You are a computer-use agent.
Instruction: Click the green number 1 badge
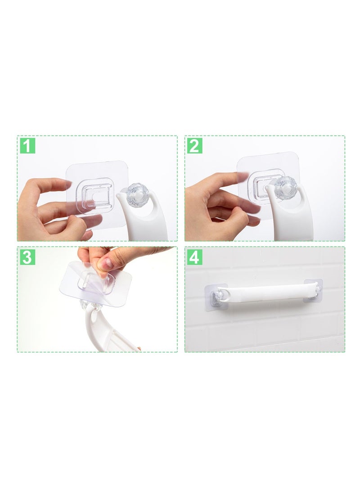coord(27,146)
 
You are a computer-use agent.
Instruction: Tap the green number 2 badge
coord(194,146)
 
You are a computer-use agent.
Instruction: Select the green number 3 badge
coord(27,257)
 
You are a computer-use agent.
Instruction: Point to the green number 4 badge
coord(194,257)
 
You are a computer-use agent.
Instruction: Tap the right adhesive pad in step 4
coord(313,290)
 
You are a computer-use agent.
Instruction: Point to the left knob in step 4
coord(216,296)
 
